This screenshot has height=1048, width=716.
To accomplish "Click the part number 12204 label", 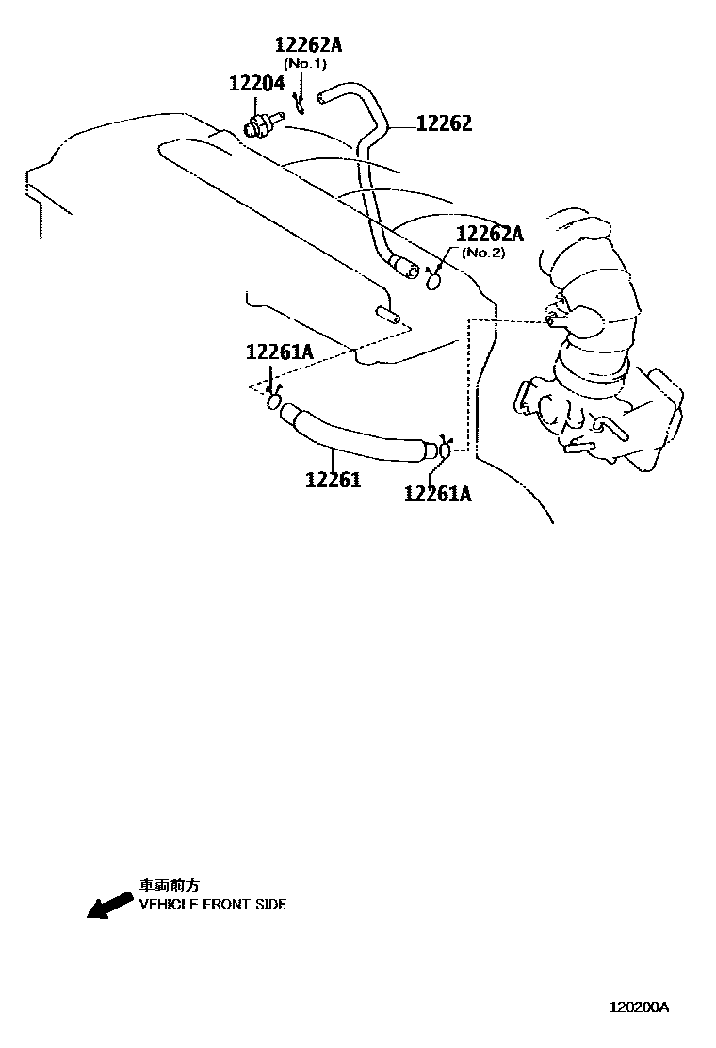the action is tap(256, 84).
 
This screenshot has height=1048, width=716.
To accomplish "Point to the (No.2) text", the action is tap(484, 253).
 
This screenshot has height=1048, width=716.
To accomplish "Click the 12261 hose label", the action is tap(333, 480).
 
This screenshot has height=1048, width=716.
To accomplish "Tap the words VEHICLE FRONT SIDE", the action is tap(213, 905).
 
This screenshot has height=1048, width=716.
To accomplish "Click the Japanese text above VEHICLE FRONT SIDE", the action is tap(170, 886).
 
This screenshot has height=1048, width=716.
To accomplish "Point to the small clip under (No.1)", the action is tap(298, 102).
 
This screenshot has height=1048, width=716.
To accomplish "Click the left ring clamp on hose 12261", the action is tap(274, 402).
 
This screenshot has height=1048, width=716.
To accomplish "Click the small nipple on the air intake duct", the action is tap(553, 319).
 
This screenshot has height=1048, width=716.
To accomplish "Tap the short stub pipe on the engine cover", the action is tap(387, 312).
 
